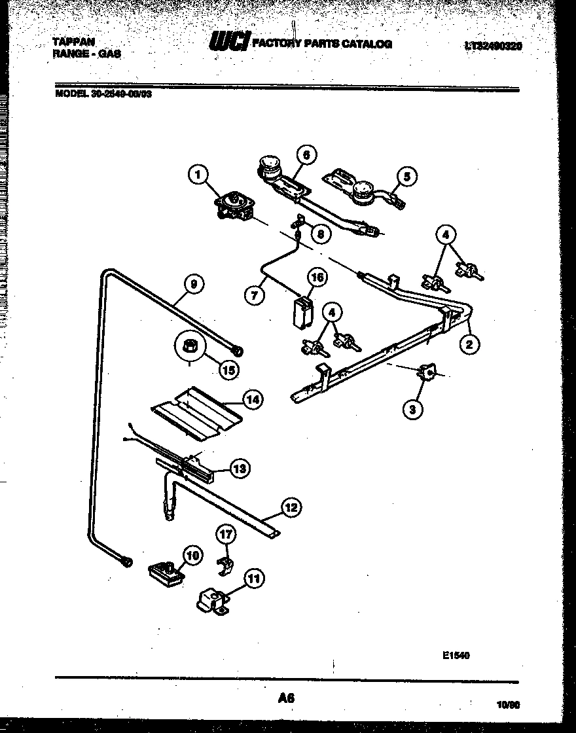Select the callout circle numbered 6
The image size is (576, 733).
click(306, 155)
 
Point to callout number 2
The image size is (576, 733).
click(469, 344)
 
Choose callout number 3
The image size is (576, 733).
click(412, 410)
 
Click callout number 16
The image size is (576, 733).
click(316, 277)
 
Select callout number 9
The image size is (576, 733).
click(192, 283)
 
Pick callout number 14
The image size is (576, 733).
click(252, 398)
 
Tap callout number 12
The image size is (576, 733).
click(291, 506)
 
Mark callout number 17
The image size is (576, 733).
click(226, 535)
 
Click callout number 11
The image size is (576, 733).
click(254, 578)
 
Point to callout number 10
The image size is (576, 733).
click(192, 556)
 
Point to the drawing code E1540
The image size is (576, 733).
click(457, 655)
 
